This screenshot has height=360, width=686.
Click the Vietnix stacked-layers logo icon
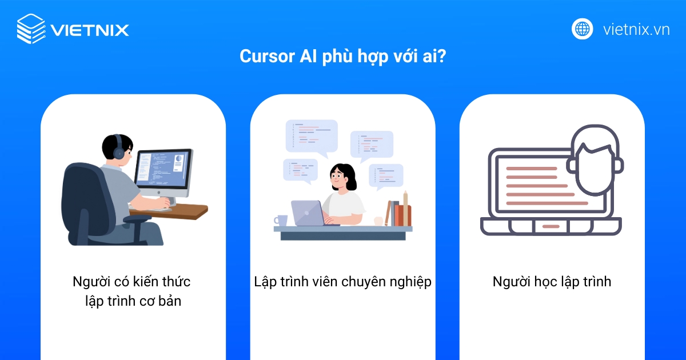[31, 29]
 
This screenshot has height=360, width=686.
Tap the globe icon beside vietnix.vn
[583, 29]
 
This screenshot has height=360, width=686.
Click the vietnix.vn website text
[636, 29]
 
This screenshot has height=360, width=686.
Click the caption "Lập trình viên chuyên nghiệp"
[342, 282]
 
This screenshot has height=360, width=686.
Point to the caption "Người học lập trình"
[552, 282]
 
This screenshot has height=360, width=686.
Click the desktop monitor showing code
[163, 171]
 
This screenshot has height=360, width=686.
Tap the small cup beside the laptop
[281, 221]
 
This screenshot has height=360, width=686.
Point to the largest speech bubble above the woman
[312, 136]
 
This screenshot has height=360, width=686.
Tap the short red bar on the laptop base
[551, 226]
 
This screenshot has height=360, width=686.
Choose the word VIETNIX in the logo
[90, 29]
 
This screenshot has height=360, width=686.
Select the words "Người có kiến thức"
[131, 282]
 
